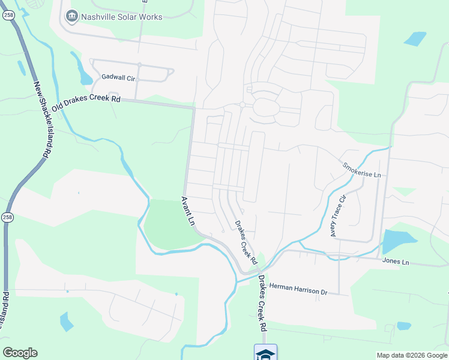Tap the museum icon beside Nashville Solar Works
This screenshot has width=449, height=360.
tap(73, 16)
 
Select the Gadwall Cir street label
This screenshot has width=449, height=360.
tap(119, 77)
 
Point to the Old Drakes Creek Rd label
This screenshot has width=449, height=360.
tap(86, 103)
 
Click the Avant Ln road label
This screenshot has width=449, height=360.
tap(188, 211)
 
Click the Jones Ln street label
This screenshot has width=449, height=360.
tap(396, 262)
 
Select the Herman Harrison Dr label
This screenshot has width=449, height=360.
tap(298, 289)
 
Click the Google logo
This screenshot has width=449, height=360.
tap(20, 353)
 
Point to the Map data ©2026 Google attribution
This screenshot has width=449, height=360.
tap(412, 355)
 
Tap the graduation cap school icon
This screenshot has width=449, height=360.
tap(265, 352)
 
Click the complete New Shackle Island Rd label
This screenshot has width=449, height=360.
tap(40, 120)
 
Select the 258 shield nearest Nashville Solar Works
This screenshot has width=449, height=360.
tap(8, 16)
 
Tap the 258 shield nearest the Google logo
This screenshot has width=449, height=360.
tap(7, 218)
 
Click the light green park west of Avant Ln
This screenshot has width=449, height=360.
tap(170, 225)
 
